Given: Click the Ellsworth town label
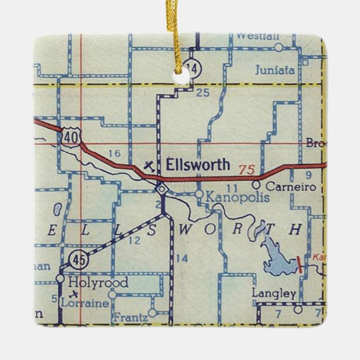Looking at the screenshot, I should (197, 164).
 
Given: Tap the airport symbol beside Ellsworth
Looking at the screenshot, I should (148, 165).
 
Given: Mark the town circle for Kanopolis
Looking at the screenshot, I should (199, 194).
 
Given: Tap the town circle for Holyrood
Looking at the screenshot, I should (61, 278).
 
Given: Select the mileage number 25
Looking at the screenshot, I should (203, 92).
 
